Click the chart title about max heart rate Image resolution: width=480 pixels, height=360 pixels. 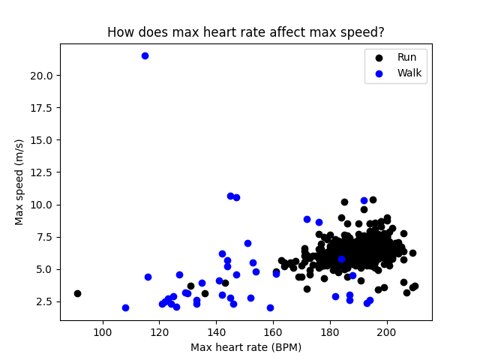coord(245,32)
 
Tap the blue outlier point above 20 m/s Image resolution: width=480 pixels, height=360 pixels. coord(145,55)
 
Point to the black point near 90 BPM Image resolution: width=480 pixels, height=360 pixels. coord(77,293)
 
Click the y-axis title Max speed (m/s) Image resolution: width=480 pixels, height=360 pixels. coord(19,181)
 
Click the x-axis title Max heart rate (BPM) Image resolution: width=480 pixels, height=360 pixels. coord(245,347)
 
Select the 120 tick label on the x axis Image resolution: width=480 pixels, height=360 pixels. coord(160,332)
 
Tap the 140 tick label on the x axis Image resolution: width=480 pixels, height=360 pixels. coord(217,332)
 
